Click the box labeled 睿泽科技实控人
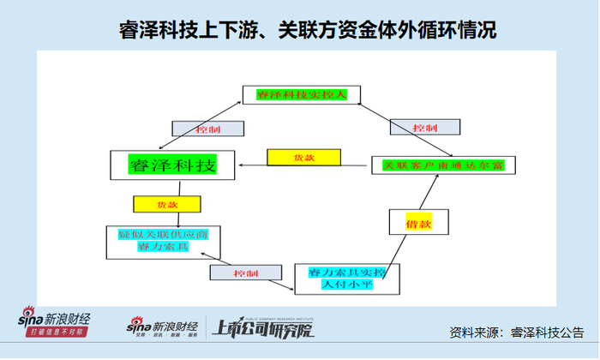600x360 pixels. tap(300, 94)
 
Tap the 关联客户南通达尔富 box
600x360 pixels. tap(442, 165)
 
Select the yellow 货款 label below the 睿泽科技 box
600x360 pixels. tap(167, 205)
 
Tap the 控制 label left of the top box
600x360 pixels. tap(209, 128)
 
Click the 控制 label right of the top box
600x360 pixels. tap(426, 127)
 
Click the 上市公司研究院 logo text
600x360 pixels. tap(262, 327)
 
